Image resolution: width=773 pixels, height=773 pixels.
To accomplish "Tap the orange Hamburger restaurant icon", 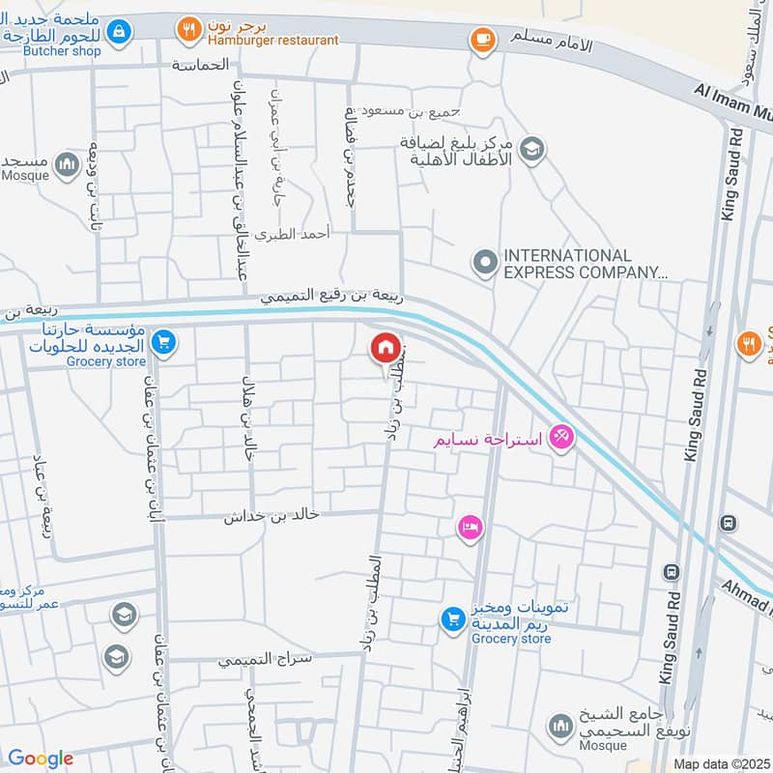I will pyautogui.click(x=186, y=32).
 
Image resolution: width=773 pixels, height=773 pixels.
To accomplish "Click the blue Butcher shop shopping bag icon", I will pyautogui.click(x=118, y=32).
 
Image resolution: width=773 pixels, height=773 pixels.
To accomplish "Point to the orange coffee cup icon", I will pyautogui.click(x=480, y=39).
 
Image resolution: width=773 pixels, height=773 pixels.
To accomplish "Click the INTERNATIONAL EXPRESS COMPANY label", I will pyautogui.click(x=585, y=264).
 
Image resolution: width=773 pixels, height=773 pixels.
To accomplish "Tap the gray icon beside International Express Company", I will pyautogui.click(x=483, y=262).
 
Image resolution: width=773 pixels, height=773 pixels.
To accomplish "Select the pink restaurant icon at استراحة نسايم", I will pyautogui.click(x=560, y=438).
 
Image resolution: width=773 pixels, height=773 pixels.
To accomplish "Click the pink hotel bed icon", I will pyautogui.click(x=471, y=528).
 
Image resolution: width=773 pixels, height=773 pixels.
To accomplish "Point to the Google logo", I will pyautogui.click(x=41, y=759).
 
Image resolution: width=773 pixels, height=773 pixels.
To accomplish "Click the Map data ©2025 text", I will pyautogui.click(x=720, y=763).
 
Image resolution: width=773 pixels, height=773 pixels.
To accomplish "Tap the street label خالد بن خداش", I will pyautogui.click(x=272, y=515).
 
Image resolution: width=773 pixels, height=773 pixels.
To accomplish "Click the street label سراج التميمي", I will pyautogui.click(x=253, y=660).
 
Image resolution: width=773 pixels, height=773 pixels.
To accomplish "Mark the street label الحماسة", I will pyautogui.click(x=201, y=65).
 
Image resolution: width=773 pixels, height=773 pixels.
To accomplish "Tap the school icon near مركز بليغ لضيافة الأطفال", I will pyautogui.click(x=530, y=150).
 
